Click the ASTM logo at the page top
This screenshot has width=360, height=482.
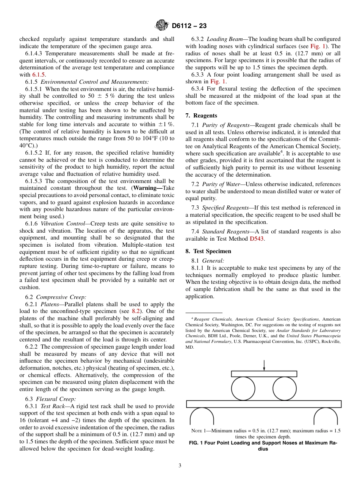pos(162,26)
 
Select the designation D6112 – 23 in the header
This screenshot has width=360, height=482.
pos(189,26)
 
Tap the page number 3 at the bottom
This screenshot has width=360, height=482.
pos(180,466)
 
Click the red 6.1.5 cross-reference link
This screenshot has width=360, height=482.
pos(38,75)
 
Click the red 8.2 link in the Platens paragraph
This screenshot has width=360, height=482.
pos(136,311)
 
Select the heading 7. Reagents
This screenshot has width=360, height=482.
pos(201,116)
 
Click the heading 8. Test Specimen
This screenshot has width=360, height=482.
pos(208,251)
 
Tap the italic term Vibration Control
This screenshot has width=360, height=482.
pos(63,224)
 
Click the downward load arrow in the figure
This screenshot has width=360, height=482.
pos(264,365)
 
